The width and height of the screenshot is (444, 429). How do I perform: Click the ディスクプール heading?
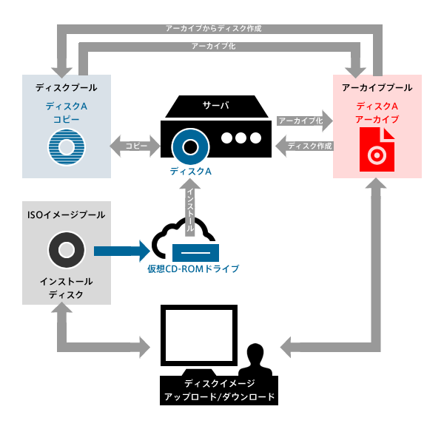point(67,87)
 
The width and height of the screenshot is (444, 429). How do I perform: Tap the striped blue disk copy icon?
point(67,145)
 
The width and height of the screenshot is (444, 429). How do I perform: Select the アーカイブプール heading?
point(377,87)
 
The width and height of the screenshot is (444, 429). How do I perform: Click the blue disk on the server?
point(188,142)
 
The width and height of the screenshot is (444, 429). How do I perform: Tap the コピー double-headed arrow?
point(136,146)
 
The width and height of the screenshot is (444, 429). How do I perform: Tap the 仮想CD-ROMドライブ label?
point(192,268)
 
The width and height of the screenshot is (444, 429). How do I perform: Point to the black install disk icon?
point(67,251)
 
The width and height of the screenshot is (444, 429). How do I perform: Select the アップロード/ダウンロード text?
point(219,397)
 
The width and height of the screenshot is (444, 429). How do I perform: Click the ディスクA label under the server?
point(189,172)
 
